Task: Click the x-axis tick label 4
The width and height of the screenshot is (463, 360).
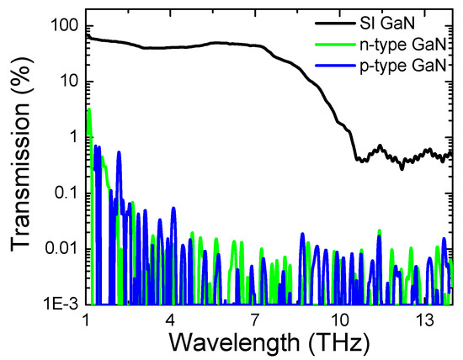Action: pos(171,322)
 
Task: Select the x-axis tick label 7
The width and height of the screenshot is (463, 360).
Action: pos(255,322)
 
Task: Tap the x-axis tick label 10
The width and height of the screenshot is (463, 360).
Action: pos(339,322)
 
